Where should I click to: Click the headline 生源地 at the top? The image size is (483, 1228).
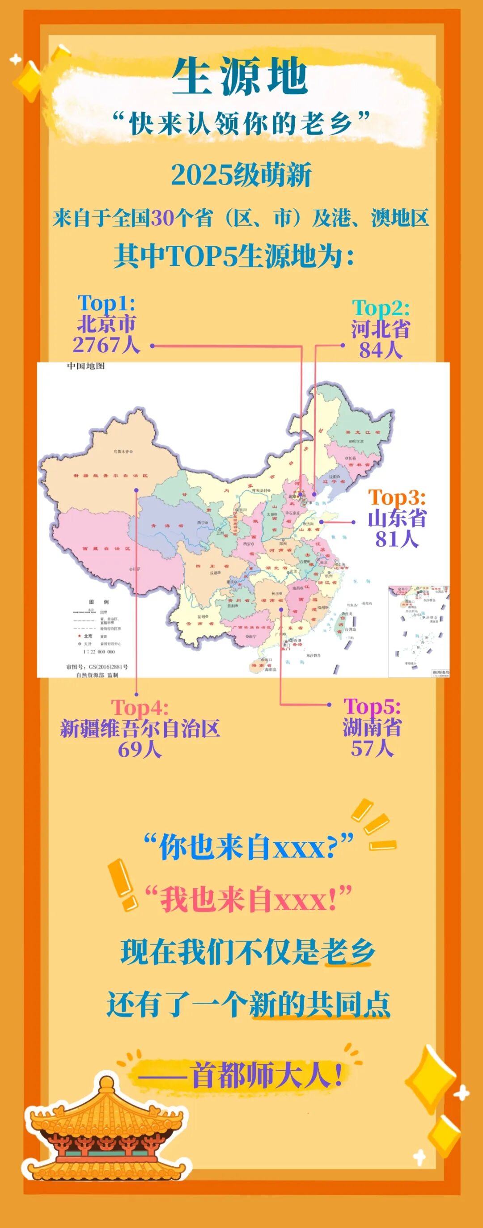coord(240,76)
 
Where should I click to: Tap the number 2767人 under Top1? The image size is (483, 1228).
coord(106,344)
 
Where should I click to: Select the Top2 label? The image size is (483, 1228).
coord(381,308)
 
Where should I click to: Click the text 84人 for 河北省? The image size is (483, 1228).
coord(381,350)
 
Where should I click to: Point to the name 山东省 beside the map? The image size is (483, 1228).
coord(397,518)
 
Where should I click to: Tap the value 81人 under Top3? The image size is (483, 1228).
coord(397,539)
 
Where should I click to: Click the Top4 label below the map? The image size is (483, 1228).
coord(139,708)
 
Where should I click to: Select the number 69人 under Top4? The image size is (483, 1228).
coord(139,749)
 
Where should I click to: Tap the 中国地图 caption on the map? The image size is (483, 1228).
coord(85,366)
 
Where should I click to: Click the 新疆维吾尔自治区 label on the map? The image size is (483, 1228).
coord(110,476)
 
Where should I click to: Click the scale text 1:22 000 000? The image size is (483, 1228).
coord(99,652)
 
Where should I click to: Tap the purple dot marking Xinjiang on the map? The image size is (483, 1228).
coord(136,490)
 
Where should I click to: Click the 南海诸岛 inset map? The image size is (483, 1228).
coord(419,631)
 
